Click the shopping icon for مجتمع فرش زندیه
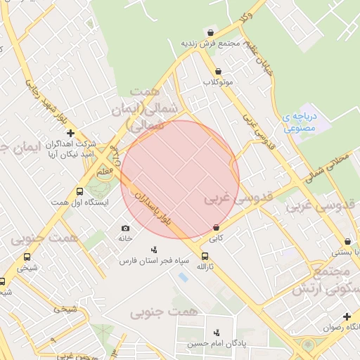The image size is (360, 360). click(x=210, y=32)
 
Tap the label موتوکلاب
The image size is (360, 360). click(x=219, y=82)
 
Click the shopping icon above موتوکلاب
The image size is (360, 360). click(x=219, y=71)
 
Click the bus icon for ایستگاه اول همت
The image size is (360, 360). click(x=79, y=192)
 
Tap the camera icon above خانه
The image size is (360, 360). click(x=125, y=228)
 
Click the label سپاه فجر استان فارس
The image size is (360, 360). click(x=154, y=260)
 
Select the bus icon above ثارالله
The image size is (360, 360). click(x=205, y=257)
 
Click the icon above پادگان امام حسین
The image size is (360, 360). click(x=216, y=333)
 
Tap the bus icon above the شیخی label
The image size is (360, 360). click(x=27, y=257)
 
